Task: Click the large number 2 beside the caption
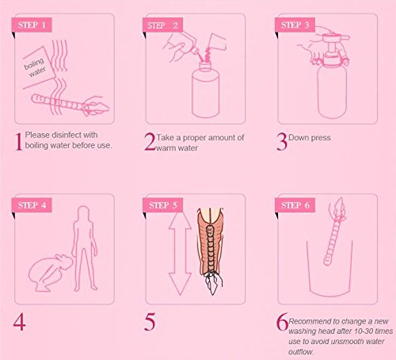(x=149, y=142)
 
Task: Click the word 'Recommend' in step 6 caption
(x=311, y=316)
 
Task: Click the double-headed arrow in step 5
(x=179, y=251)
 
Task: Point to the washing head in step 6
(x=322, y=236)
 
